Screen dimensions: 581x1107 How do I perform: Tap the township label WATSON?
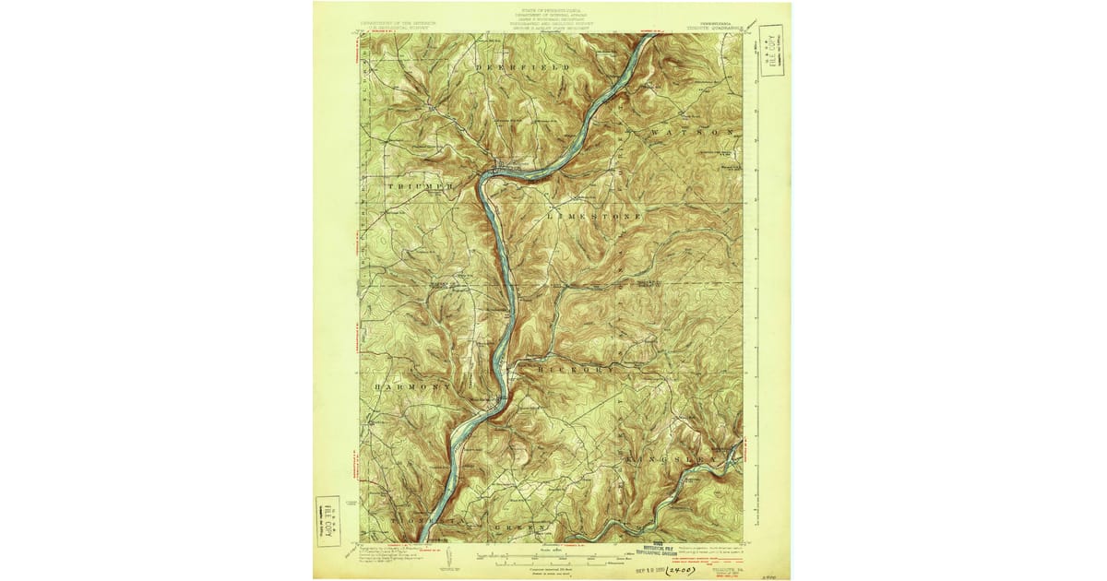coord(692,133)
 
